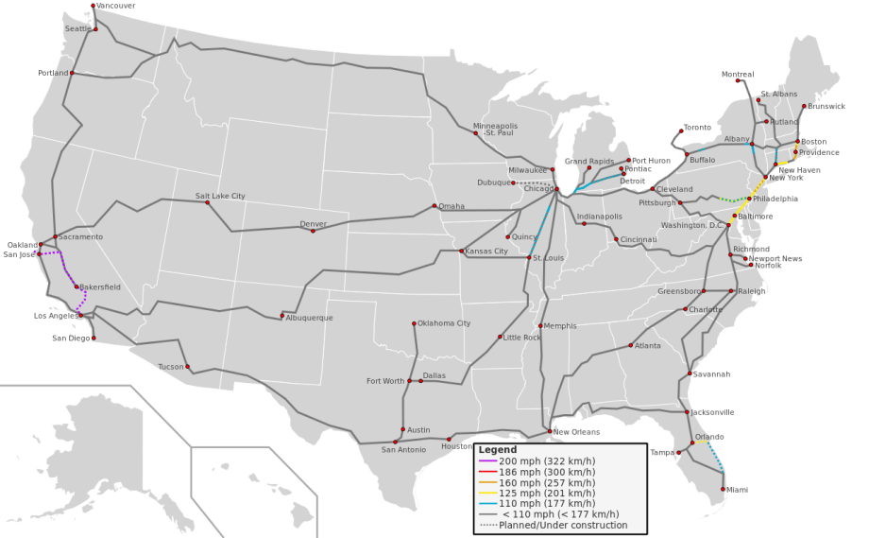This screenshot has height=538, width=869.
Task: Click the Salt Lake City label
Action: click(x=220, y=196)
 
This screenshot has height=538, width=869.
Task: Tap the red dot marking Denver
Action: click(x=314, y=231)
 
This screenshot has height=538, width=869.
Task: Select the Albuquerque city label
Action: click(x=309, y=318)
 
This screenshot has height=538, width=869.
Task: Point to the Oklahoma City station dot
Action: click(x=414, y=323)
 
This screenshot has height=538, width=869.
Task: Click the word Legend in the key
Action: click(x=497, y=449)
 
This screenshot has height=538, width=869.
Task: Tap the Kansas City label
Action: click(x=486, y=252)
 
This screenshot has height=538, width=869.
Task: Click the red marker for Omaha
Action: click(x=434, y=206)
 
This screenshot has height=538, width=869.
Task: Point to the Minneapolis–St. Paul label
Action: click(x=495, y=129)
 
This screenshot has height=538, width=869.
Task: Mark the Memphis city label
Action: click(x=560, y=326)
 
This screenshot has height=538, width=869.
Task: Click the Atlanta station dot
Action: click(x=631, y=345)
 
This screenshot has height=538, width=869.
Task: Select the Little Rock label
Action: click(x=522, y=337)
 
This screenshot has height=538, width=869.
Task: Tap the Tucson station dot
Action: click(x=187, y=367)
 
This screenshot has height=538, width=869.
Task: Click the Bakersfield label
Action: click(x=100, y=286)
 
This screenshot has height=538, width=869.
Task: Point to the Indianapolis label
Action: click(x=600, y=217)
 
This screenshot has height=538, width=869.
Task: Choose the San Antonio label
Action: click(x=403, y=449)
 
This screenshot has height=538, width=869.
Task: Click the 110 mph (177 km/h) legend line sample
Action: click(x=487, y=504)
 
